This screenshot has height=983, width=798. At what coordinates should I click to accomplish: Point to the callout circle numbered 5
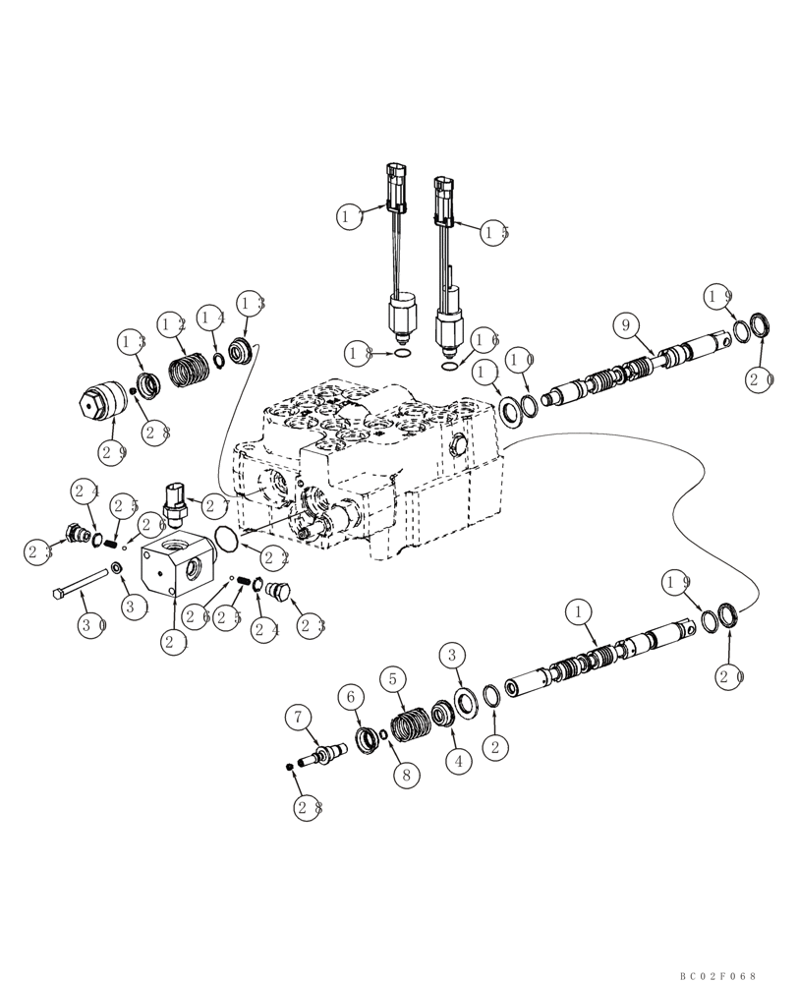pos(393,678)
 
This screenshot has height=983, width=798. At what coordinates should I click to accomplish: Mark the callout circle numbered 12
pos(173,323)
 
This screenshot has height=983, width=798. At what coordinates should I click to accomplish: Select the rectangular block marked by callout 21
pos(174,565)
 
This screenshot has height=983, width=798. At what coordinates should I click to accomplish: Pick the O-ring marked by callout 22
pos(225,541)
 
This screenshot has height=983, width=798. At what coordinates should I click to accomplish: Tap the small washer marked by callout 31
pos(117,567)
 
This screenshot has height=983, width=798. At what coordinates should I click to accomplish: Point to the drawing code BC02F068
pos(717,975)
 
